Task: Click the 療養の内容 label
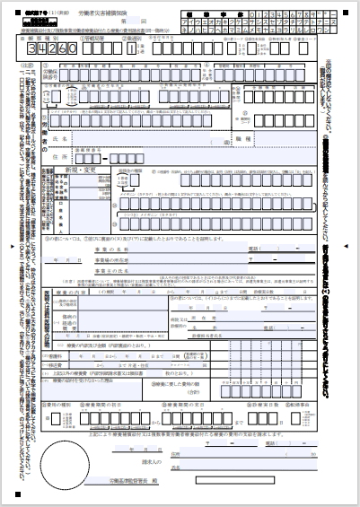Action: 74,291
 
